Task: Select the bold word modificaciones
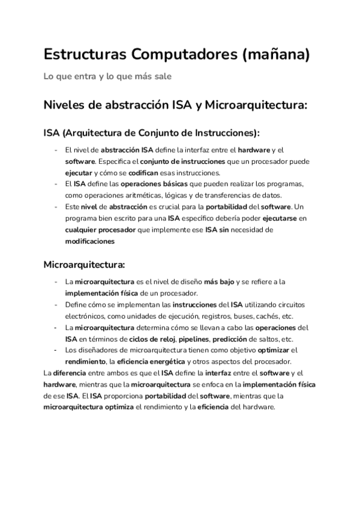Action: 89,240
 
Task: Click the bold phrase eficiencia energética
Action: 150,361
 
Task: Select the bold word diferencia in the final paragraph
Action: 71,373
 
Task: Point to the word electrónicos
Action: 85,316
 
